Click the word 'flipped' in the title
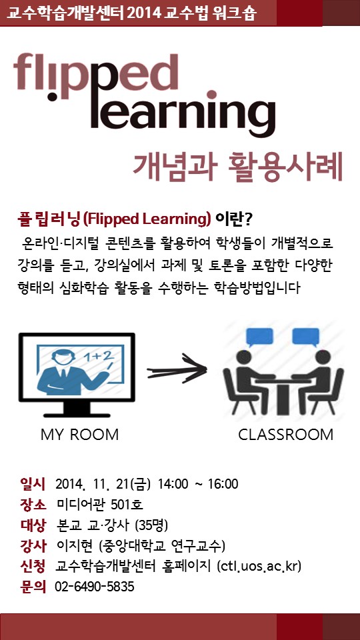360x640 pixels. (96, 77)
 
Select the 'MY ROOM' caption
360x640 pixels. (79, 435)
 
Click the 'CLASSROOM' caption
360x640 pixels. (286, 435)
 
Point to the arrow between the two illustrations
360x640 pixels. (177, 369)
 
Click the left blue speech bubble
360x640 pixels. (259, 337)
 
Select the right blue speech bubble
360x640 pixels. (306, 337)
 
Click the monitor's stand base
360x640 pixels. (77, 413)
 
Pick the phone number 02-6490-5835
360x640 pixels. (94, 587)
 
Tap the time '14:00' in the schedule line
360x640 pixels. (173, 485)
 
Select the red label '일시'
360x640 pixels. (33, 484)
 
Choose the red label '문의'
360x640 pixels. (33, 587)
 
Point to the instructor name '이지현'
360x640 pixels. (72, 546)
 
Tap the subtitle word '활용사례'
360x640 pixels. (286, 167)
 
